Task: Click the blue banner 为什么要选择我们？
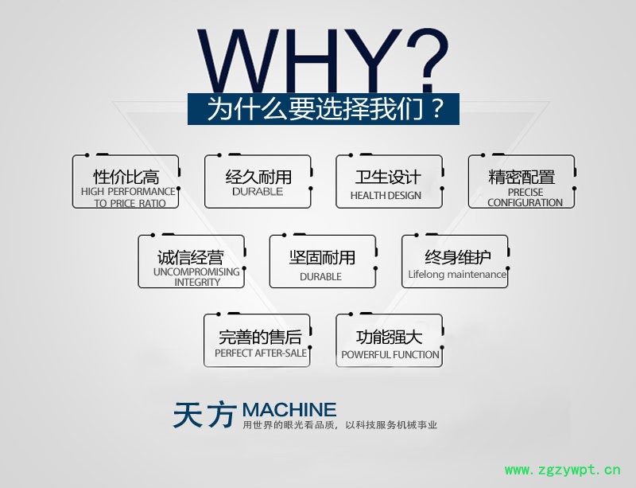[x=324, y=109]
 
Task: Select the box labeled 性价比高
[x=126, y=182]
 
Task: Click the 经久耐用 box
[x=258, y=182]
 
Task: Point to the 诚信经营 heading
[x=191, y=257]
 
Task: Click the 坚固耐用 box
[x=322, y=262]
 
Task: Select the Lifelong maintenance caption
[x=457, y=275]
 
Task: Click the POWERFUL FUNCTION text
[x=390, y=355]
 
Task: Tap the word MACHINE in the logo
[x=289, y=410]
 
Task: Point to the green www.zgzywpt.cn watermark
[x=562, y=469]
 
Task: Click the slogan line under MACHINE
[x=339, y=425]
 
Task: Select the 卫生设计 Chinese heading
[x=388, y=177]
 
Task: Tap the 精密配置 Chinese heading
[x=522, y=177]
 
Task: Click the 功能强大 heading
[x=389, y=337]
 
